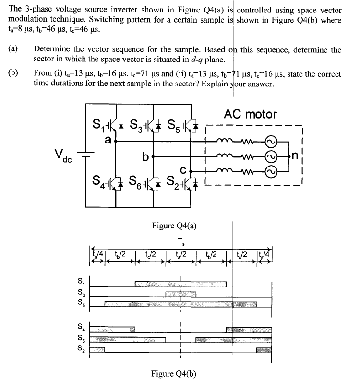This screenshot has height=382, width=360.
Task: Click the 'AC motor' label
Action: (250, 114)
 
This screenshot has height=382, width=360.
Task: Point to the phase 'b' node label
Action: (145, 156)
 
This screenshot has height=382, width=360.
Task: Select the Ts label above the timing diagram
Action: (180, 241)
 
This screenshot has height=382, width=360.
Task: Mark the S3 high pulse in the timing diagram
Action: (180, 294)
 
